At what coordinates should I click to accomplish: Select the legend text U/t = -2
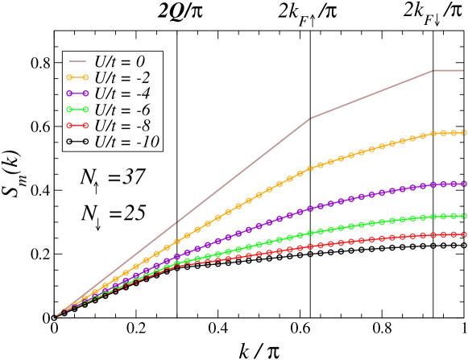[x=122, y=78]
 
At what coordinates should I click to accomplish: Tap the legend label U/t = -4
[x=122, y=94]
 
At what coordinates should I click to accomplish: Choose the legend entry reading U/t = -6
[x=122, y=110]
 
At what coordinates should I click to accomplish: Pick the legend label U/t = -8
[x=122, y=126]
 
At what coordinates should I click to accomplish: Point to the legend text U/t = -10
[x=126, y=142]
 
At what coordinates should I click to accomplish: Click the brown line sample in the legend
[x=78, y=62]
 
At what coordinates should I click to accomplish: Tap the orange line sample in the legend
[x=78, y=78]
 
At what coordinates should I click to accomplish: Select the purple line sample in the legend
[x=78, y=94]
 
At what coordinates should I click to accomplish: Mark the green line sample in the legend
[x=78, y=110]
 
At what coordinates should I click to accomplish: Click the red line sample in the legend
[x=78, y=126]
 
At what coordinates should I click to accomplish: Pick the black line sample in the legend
[x=78, y=142]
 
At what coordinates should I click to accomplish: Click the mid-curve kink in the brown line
[x=310, y=118]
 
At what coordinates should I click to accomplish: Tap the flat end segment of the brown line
[x=449, y=71]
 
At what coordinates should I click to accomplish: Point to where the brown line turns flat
[x=434, y=71]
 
